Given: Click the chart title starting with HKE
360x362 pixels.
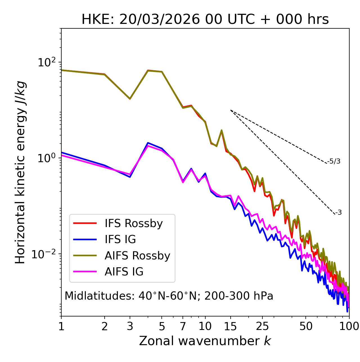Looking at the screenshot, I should click(205, 20).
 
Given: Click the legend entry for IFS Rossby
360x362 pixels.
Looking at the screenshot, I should click(134, 223).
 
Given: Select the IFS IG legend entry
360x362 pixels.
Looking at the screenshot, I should click(120, 239).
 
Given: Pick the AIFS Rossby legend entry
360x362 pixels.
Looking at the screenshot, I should click(137, 256).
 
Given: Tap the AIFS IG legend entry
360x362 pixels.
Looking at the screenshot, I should click(124, 272).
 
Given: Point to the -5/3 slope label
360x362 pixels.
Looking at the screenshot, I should click(334, 161).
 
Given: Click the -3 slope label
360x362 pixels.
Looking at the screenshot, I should click(338, 213).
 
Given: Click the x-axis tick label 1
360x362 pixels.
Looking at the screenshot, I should click(61, 326).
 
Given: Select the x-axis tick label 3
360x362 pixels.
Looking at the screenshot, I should click(130, 326).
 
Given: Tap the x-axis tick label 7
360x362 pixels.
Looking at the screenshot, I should click(183, 326).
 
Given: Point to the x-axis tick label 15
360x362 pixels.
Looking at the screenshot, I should click(230, 326).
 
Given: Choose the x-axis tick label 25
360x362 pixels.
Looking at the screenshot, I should click(262, 326).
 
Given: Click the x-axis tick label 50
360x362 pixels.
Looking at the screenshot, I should click(306, 326).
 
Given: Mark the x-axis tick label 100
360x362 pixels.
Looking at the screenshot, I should click(349, 326).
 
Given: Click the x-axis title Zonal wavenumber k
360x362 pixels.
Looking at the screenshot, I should click(205, 341).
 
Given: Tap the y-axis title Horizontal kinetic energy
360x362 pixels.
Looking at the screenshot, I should click(20, 173).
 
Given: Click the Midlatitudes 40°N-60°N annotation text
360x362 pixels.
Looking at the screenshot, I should click(169, 296).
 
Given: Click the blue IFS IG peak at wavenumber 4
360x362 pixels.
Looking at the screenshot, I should click(148, 143).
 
